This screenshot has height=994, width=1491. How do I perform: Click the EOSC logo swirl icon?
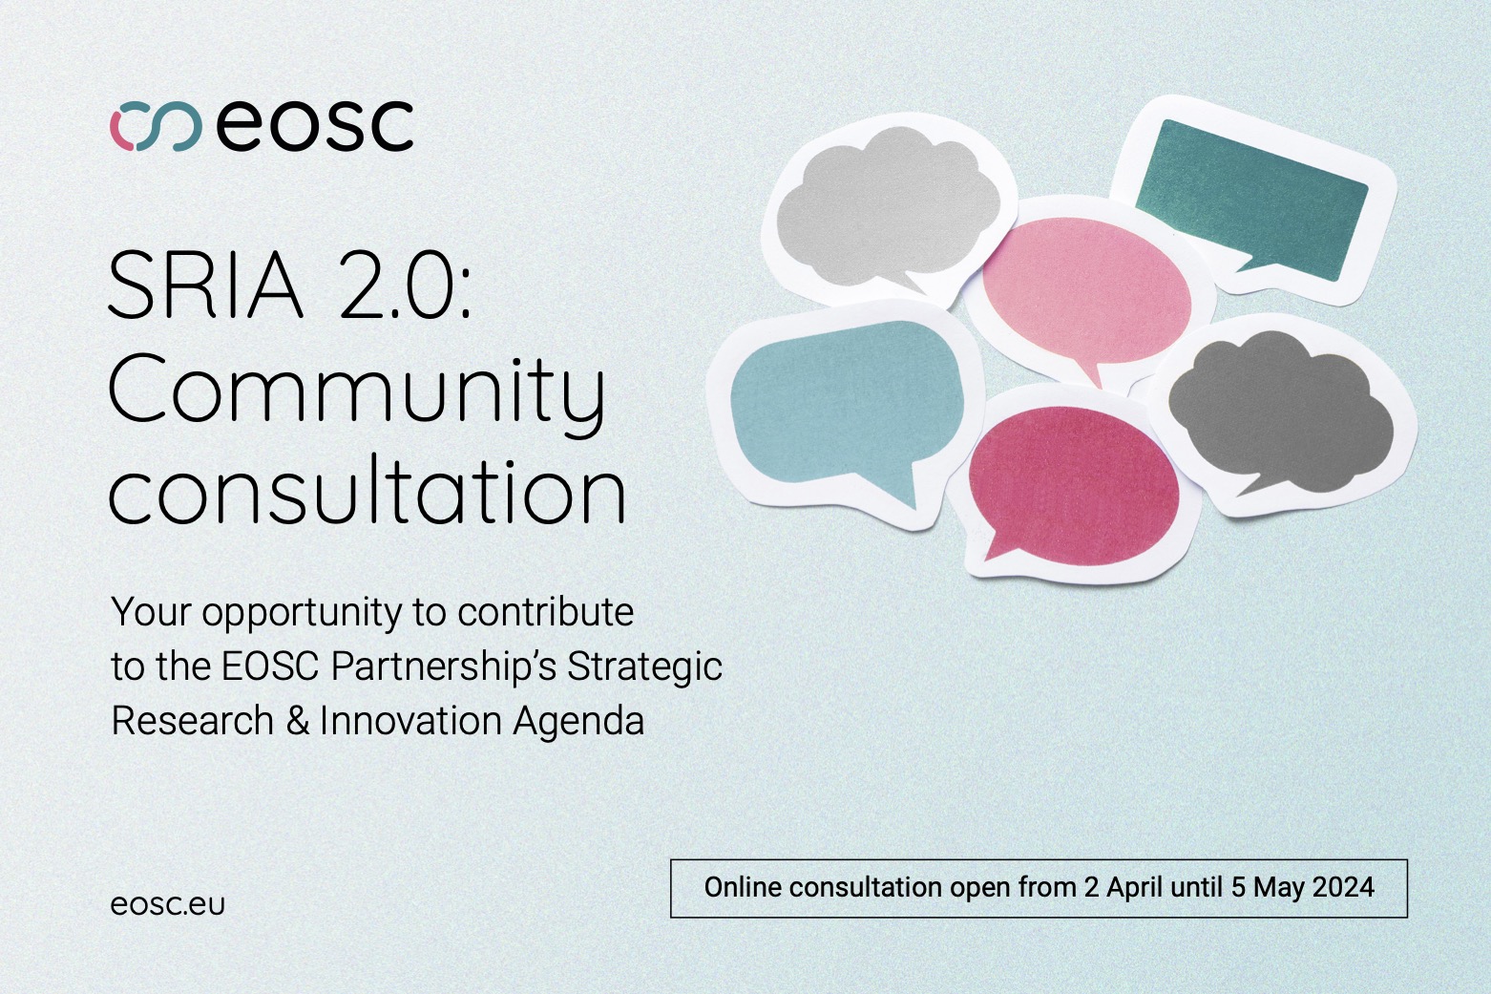pos(156,126)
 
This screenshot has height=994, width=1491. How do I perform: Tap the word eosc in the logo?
pos(315,125)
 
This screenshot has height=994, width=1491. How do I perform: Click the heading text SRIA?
pos(205,285)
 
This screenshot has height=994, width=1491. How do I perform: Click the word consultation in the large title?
pos(367,490)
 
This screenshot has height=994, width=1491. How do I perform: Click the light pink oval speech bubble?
pos(1086,293)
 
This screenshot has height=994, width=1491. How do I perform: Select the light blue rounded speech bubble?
pos(847,406)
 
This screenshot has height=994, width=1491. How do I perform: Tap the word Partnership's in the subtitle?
pos(443,666)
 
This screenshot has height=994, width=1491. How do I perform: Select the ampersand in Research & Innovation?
pos(298,721)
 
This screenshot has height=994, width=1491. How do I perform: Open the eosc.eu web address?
pos(168,904)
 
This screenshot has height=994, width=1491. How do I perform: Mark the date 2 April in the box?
pos(1123,887)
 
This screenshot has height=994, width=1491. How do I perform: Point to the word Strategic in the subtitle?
pos(644,666)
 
